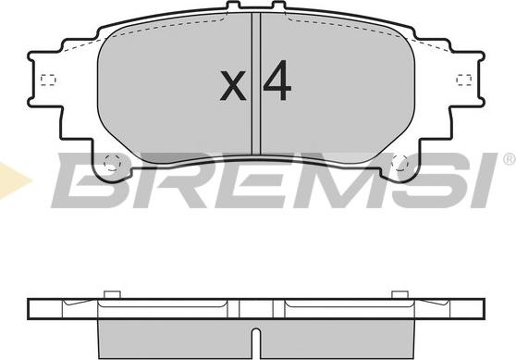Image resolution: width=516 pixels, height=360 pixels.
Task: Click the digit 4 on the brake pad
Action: (x=277, y=81)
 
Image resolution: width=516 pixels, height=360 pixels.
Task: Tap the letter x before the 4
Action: (x=233, y=85)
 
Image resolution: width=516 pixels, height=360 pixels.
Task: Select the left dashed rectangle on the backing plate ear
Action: (x=48, y=80)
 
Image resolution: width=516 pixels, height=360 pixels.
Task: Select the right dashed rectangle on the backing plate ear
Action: (x=464, y=80)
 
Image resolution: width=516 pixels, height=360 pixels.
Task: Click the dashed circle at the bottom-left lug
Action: (x=113, y=163)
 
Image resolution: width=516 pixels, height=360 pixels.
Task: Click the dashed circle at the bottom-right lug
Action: (x=400, y=163)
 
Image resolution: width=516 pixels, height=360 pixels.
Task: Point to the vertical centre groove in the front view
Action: (x=256, y=83)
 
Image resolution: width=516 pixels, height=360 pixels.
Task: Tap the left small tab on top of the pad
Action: (x=233, y=6)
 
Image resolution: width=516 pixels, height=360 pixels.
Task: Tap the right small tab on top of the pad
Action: (x=279, y=6)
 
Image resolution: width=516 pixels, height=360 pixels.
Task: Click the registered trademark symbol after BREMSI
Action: (x=510, y=159)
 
